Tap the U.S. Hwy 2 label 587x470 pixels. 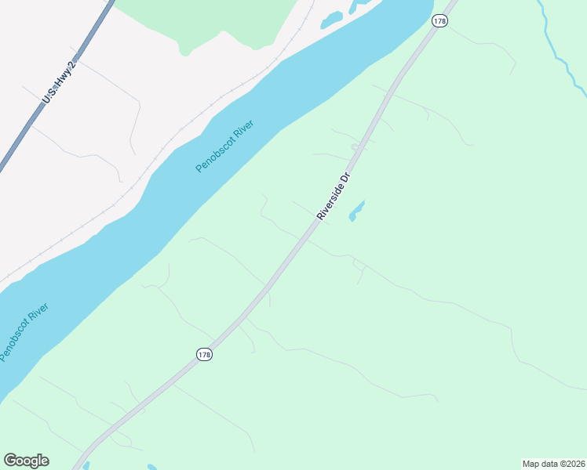point(58,83)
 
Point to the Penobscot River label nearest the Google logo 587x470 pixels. point(24,332)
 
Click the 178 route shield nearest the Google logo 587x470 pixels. point(204,355)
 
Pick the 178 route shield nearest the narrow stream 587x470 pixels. point(439,21)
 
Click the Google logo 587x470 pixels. point(26,461)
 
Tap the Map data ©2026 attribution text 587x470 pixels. point(553,464)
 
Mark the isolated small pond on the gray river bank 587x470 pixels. point(332,18)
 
